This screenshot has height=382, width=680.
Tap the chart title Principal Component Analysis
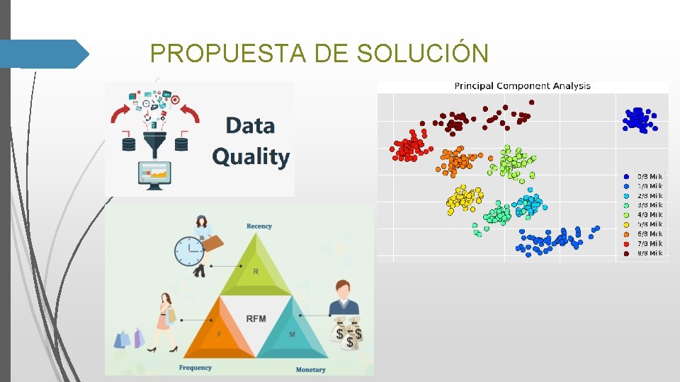click(x=522, y=86)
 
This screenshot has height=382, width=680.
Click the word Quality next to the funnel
click(x=251, y=157)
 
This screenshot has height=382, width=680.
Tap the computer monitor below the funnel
click(x=154, y=173)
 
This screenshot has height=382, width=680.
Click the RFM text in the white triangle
click(x=256, y=318)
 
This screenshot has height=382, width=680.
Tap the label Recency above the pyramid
click(x=259, y=226)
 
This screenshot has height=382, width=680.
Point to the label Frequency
click(x=195, y=368)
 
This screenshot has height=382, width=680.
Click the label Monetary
click(x=310, y=369)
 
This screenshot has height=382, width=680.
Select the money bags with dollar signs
click(x=348, y=335)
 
